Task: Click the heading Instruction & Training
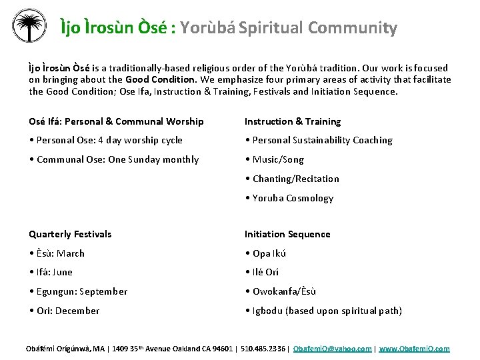pos(292,121)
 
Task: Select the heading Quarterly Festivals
pos(70,234)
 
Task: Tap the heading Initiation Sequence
pos(287,234)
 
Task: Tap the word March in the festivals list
pos(71,253)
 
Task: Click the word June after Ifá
pos(62,272)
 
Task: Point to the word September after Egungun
pos(103,291)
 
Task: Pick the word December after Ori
pos(78,311)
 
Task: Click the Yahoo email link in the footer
pos(333,349)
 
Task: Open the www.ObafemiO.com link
pos(414,349)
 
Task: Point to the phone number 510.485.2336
pos(264,349)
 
